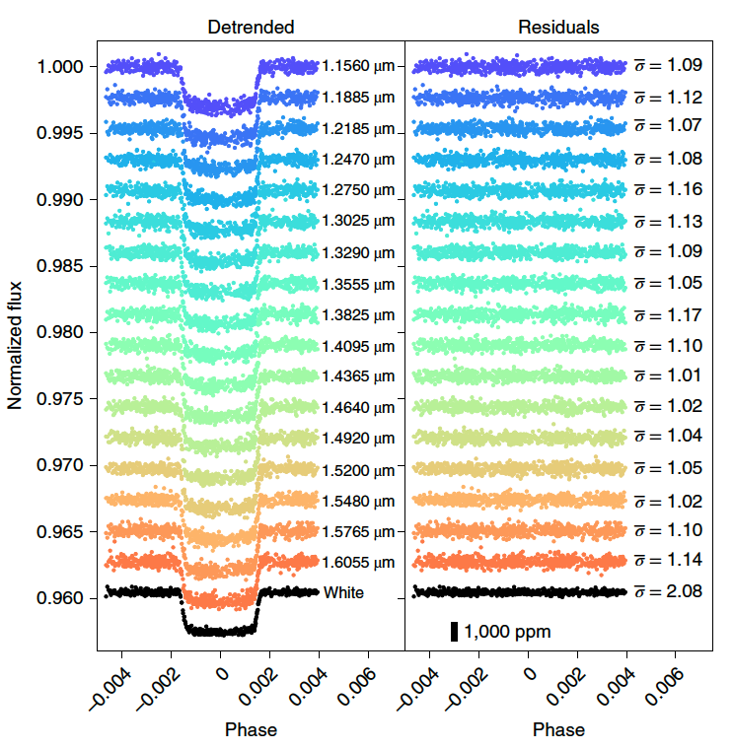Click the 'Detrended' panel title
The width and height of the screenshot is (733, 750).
(251, 27)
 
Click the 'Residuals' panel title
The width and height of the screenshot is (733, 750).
(558, 27)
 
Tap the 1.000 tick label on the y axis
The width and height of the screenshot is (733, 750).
(60, 67)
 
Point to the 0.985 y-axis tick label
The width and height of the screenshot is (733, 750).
(60, 266)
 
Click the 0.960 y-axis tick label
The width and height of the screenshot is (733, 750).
(60, 598)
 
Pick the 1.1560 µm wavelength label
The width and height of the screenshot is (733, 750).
(358, 67)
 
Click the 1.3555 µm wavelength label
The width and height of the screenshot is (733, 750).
(358, 285)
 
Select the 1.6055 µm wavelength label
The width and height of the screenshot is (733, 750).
(358, 563)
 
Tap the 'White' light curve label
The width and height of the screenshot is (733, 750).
(343, 592)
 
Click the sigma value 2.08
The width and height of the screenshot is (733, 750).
(683, 591)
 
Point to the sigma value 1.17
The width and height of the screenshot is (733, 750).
(683, 315)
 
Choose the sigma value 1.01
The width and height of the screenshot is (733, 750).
(683, 375)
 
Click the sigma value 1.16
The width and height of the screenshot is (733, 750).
(683, 188)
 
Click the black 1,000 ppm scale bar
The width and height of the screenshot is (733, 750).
(454, 631)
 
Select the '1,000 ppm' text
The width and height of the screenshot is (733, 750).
(507, 631)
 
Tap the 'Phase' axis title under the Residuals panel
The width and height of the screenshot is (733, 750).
(558, 730)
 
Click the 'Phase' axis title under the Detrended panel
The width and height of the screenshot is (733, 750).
(251, 730)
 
